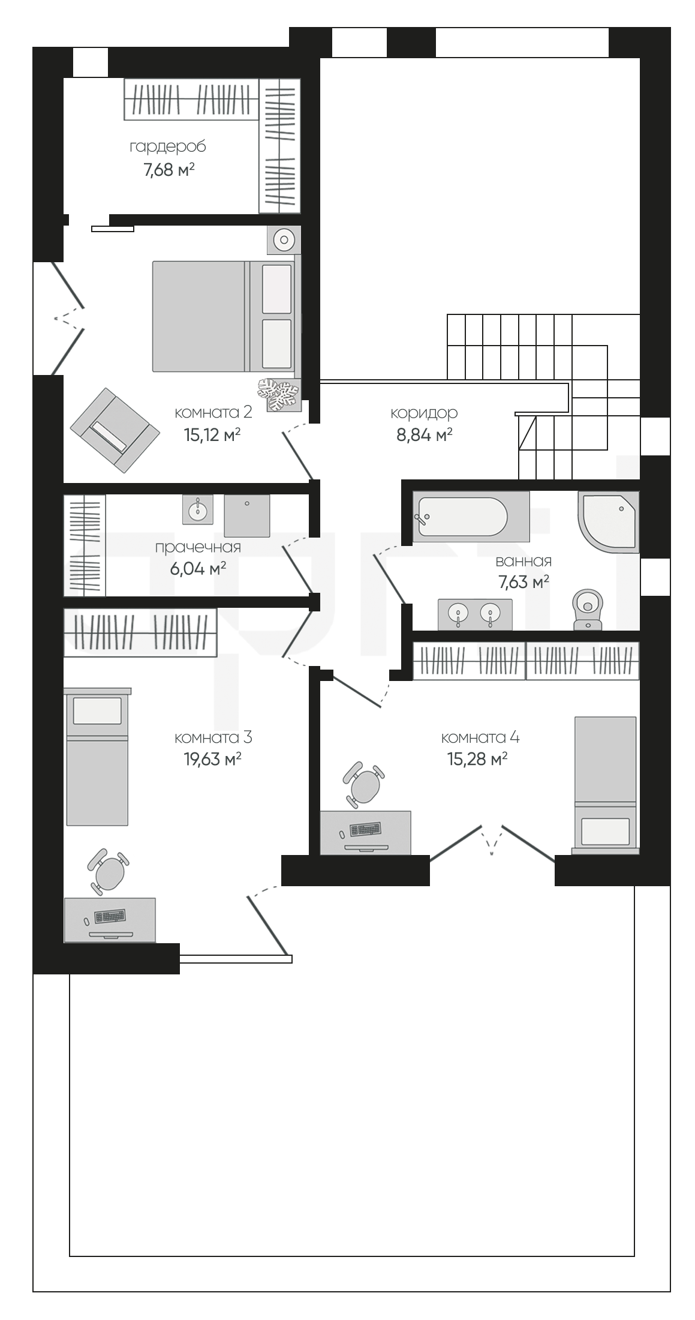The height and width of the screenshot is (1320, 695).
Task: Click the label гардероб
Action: pos(167,147)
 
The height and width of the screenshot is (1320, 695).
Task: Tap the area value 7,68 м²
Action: pos(169,170)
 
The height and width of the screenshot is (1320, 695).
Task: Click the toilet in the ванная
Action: pos(588,608)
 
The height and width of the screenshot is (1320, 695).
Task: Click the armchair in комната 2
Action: pos(115,430)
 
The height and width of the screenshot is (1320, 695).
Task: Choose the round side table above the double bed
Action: pos(284,241)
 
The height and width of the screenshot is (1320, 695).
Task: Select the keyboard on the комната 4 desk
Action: pos(366,829)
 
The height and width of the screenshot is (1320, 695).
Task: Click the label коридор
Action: pos(424,413)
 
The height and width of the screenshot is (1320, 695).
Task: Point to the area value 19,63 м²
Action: pos(212,760)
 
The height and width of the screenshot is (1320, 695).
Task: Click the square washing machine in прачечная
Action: pos(247,515)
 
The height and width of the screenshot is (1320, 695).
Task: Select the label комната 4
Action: pos(480,737)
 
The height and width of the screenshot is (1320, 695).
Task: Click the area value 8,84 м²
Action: pos(424,435)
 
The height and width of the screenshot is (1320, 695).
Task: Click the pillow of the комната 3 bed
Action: pos(97,710)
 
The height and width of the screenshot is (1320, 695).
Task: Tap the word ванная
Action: pos(523,562)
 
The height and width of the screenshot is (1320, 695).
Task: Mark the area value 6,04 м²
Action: pos(198,569)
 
